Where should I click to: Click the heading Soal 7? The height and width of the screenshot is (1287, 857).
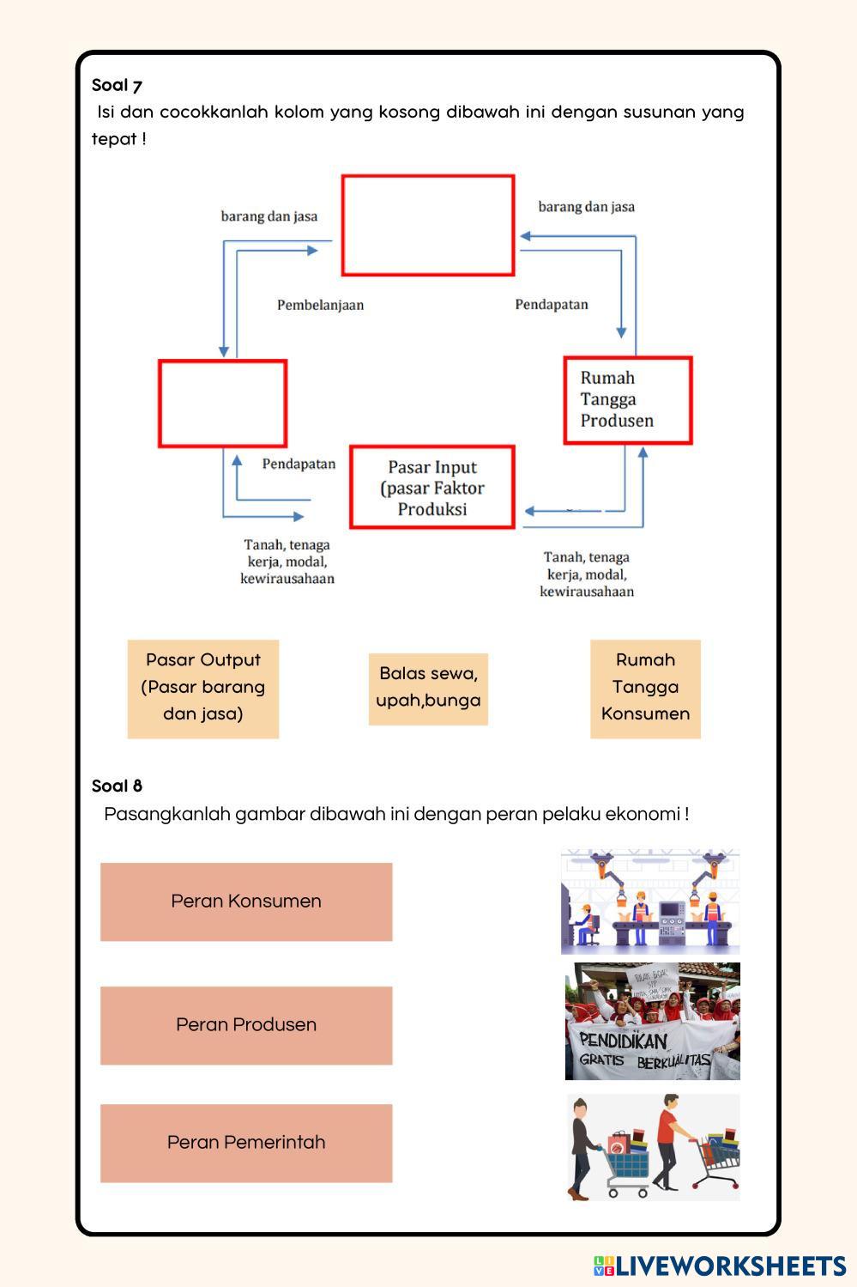117,85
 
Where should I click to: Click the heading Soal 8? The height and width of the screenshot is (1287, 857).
117,786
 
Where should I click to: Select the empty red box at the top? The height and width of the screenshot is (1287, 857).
428,225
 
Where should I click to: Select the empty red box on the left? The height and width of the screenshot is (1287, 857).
222,404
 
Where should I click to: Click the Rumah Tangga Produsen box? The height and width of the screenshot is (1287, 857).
627,400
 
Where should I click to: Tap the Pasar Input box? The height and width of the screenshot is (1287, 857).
432,488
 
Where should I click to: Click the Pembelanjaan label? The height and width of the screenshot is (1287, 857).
320,305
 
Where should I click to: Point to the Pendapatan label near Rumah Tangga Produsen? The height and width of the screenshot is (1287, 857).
552,305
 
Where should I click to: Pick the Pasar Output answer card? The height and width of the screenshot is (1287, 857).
203,688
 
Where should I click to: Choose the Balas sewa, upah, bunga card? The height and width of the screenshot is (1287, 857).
428,688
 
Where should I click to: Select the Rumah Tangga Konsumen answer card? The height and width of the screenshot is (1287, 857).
645,688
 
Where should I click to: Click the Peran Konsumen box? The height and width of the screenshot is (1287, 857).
246,902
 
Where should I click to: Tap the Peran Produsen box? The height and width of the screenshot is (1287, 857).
246,1025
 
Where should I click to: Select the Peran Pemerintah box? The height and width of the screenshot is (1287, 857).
246,1143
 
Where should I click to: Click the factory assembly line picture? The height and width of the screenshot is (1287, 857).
650,902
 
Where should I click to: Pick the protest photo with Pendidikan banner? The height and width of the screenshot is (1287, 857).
652,1021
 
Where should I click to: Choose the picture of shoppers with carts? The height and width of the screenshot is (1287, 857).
652,1147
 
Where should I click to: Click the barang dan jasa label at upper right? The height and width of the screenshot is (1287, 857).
587,207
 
